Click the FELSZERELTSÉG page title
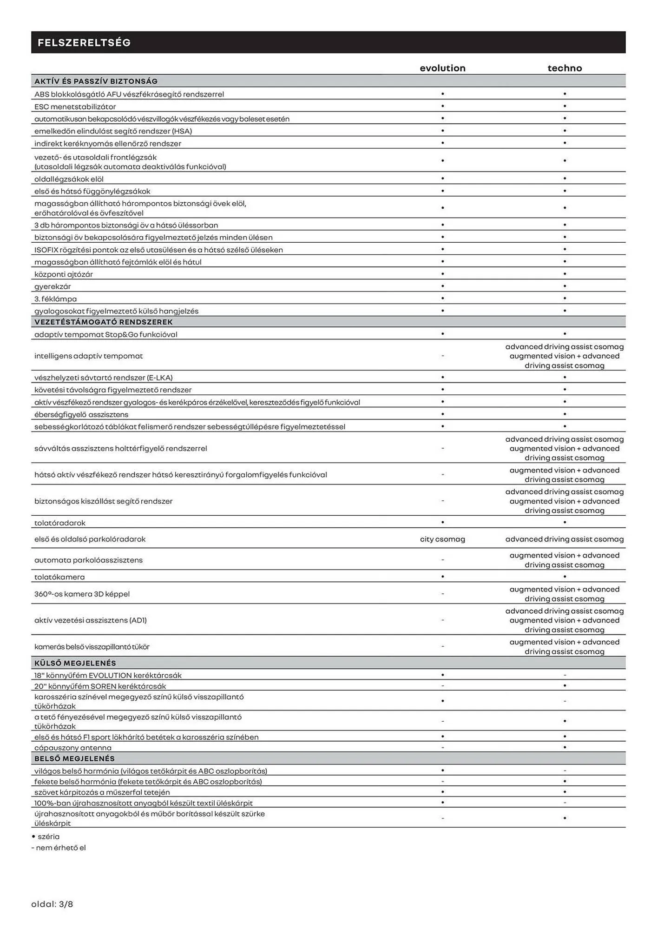click(84, 43)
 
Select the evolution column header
click(442, 68)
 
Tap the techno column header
click(565, 68)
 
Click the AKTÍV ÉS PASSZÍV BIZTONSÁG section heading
click(96, 81)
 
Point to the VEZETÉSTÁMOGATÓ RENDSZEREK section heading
click(103, 322)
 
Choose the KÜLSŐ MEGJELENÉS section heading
click(75, 663)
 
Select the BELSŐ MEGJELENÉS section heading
click(74, 758)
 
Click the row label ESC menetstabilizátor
click(75, 106)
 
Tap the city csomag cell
click(442, 539)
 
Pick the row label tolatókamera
click(59, 577)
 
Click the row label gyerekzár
click(53, 286)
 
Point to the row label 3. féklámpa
click(55, 299)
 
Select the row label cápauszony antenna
click(73, 748)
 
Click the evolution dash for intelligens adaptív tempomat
click(442, 356)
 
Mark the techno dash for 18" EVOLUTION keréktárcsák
click(565, 675)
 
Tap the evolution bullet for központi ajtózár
click(442, 274)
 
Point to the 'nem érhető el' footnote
click(59, 848)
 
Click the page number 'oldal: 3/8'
click(52, 904)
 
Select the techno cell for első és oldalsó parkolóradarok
click(565, 539)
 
